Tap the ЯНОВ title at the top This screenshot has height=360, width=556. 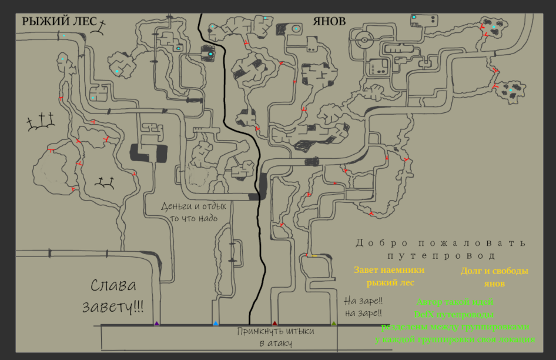[329, 21]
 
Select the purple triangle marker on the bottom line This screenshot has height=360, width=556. [156, 323]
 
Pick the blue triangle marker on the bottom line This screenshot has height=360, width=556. [216, 323]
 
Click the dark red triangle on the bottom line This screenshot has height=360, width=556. [274, 323]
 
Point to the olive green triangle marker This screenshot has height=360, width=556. [334, 323]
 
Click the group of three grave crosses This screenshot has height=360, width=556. [40, 122]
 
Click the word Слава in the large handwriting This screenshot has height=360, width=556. [113, 286]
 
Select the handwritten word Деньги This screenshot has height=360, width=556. [177, 206]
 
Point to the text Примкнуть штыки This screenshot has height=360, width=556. [275, 332]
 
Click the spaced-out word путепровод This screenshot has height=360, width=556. [441, 256]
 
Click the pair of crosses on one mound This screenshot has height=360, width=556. [105, 182]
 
